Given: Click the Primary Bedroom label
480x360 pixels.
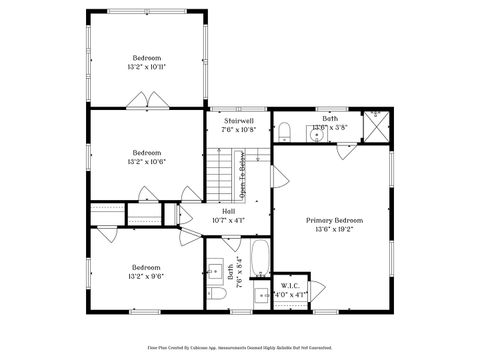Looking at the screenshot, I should coord(334,220).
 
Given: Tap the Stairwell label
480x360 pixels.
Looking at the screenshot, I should coord(238,120).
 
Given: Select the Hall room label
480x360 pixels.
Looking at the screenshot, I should coord(229,211).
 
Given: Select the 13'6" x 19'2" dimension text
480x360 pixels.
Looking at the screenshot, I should coord(334,229).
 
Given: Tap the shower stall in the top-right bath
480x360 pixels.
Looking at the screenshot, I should coord(376,127).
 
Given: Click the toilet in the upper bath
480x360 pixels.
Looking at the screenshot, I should coord(284,132).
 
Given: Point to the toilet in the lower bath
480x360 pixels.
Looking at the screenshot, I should coord(215,299).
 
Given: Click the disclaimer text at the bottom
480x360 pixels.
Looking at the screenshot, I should coord(240,348).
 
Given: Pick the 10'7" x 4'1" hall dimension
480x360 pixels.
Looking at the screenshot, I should coord(229,220).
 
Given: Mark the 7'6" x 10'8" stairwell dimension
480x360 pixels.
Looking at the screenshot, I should coord(238,129).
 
